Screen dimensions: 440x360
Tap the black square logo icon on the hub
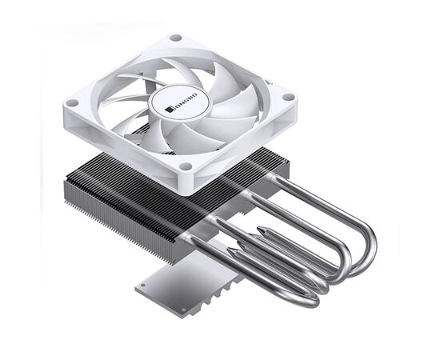[x=168, y=110]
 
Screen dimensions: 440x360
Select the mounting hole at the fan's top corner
[x=176, y=37]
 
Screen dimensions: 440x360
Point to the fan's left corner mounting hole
[x=72, y=102]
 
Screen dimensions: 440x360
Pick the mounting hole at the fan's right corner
[x=289, y=97]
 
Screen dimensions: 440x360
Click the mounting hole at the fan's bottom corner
[x=186, y=166]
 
